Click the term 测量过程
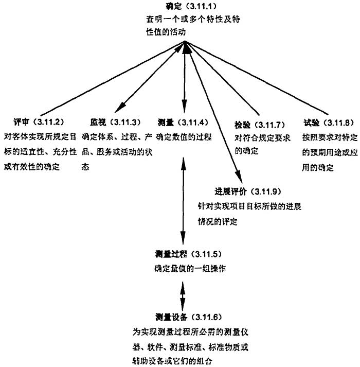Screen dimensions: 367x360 (x=171, y=254)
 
